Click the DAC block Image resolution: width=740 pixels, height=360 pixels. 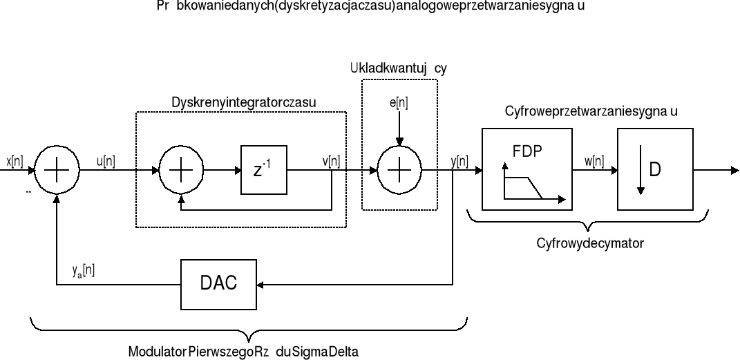(x=218, y=284)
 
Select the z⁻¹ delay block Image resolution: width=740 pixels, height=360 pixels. (x=263, y=169)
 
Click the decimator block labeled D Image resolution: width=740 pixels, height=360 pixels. (x=652, y=169)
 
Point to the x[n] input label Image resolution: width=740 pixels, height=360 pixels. (x=15, y=161)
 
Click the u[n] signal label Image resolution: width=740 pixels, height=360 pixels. (x=106, y=161)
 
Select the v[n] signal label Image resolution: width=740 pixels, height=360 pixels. (x=331, y=161)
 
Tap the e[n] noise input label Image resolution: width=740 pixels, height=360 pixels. (x=399, y=103)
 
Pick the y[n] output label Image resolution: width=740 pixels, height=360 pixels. (x=459, y=161)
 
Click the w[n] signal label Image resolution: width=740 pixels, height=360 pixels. (x=594, y=161)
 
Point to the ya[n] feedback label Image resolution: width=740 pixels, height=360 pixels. (x=84, y=272)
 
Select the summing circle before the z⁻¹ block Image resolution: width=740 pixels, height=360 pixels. (x=181, y=169)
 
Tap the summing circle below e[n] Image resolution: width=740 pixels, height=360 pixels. (x=399, y=169)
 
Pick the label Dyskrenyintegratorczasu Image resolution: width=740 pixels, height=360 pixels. (x=243, y=102)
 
